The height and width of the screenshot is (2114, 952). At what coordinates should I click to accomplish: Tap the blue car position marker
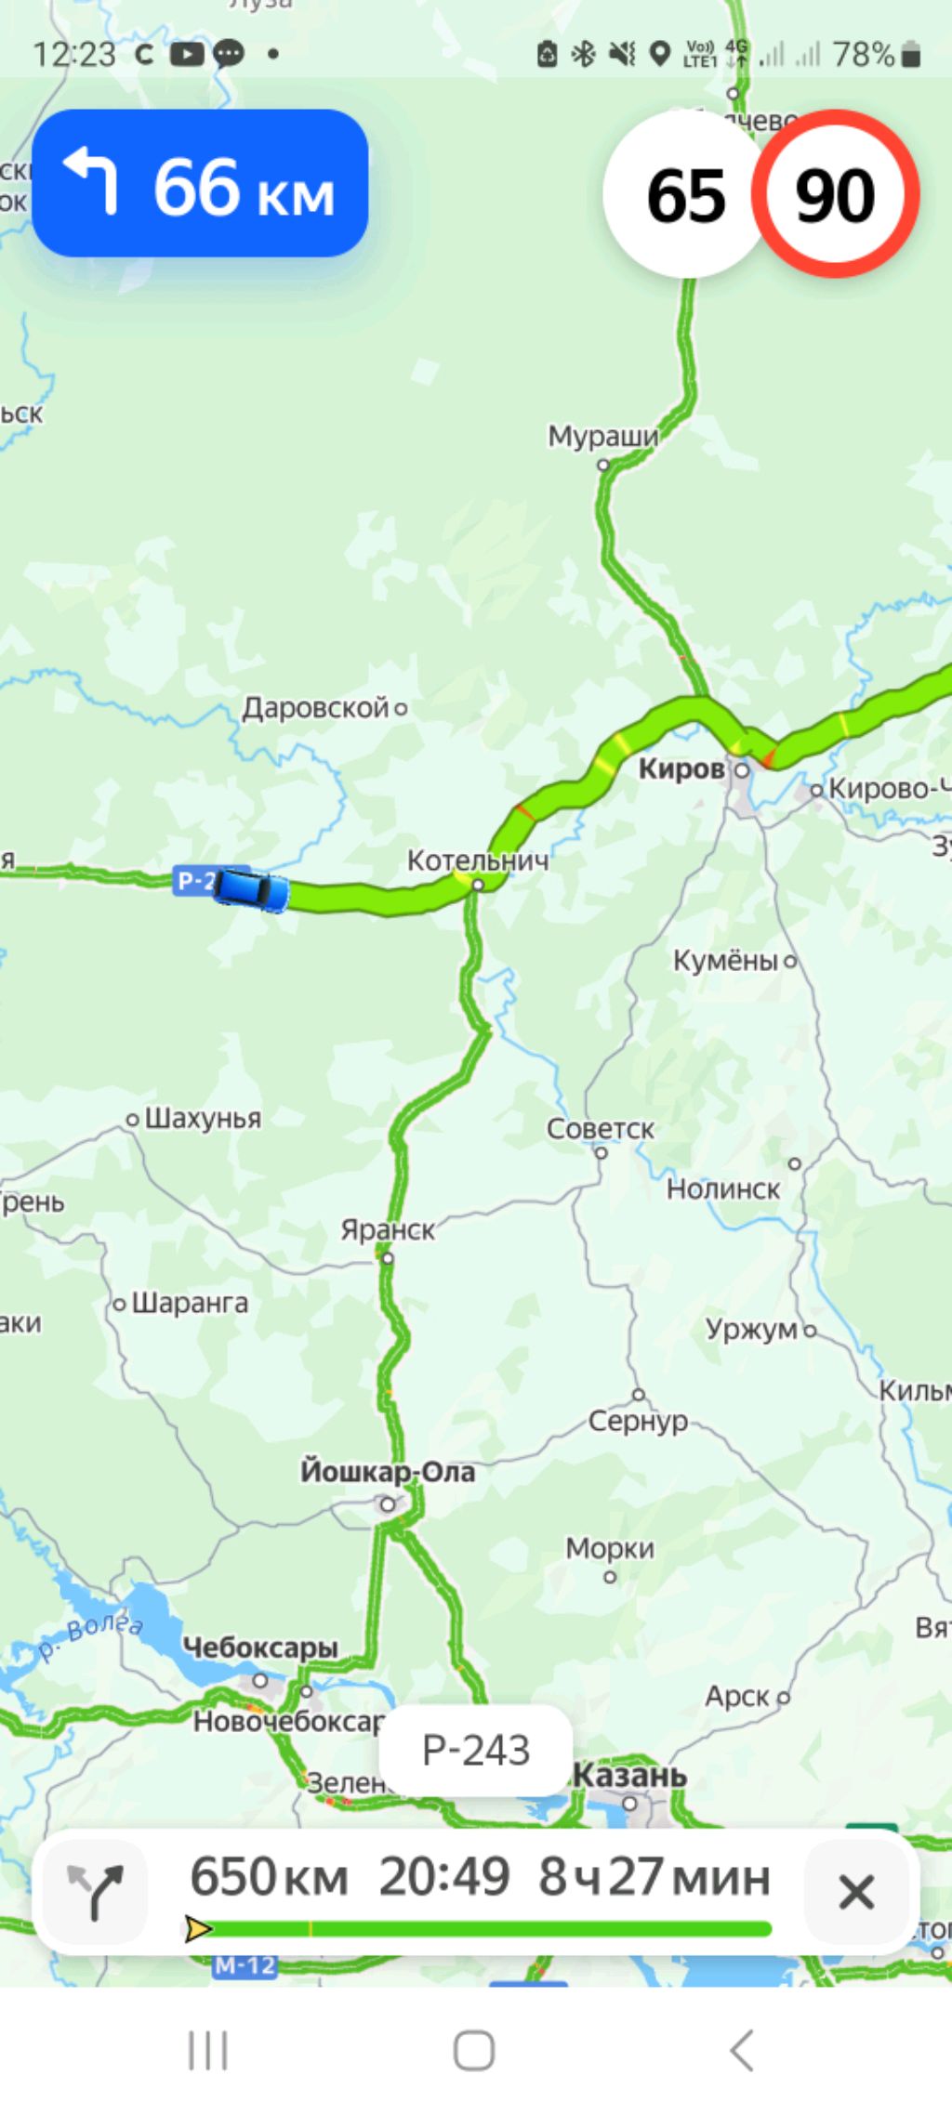tap(251, 889)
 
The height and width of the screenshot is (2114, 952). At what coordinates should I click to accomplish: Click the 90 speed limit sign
tap(835, 194)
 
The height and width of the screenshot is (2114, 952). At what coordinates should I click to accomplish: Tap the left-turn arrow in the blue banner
tap(91, 181)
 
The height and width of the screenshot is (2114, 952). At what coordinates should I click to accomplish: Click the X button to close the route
tap(855, 1892)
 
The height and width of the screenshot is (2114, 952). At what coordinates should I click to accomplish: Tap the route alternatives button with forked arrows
tap(95, 1892)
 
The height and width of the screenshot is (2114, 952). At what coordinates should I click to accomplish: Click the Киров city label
tap(681, 769)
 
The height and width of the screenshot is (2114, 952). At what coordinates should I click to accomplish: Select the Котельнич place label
tap(477, 860)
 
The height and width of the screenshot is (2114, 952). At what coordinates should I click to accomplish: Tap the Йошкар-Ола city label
tap(388, 1472)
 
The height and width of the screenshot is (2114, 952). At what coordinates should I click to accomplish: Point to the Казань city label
tap(629, 1775)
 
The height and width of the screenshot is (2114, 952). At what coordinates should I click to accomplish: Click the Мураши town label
tap(602, 436)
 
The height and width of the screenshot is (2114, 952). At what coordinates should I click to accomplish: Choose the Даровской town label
tap(315, 708)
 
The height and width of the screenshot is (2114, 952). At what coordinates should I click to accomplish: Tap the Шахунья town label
tap(203, 1118)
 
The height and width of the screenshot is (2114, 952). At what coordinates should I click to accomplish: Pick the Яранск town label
tap(387, 1230)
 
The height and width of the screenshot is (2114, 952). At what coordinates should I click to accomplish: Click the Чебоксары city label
tap(260, 1648)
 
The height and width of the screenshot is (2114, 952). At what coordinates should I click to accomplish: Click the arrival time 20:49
tap(443, 1876)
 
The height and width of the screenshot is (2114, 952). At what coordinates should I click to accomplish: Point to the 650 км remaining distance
tap(269, 1876)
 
